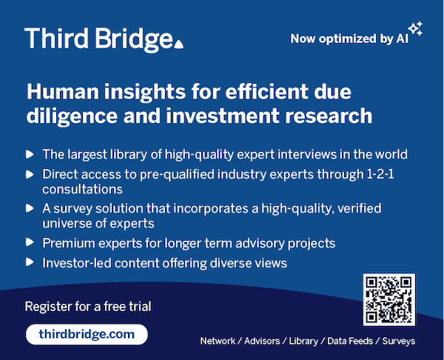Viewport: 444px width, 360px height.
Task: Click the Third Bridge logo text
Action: [x=99, y=39]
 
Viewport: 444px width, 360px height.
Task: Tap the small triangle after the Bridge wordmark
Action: [x=178, y=44]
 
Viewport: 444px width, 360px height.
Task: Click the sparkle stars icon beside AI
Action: [x=415, y=29]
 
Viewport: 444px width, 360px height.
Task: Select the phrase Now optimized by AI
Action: [x=349, y=39]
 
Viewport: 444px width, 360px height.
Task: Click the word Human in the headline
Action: [x=63, y=92]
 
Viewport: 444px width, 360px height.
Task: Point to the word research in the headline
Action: [x=329, y=116]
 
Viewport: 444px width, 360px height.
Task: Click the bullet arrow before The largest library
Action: [x=30, y=155]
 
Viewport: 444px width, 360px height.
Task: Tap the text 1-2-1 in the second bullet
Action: [x=380, y=174]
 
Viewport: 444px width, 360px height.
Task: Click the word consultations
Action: [x=82, y=189]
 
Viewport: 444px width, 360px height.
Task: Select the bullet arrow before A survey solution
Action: [x=30, y=209]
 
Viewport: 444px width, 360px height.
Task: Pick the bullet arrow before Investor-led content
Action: [x=30, y=262]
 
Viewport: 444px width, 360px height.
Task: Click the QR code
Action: [x=389, y=299]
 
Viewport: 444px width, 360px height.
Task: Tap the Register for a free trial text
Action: [x=88, y=307]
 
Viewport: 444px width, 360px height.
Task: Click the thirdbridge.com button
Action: [x=87, y=334]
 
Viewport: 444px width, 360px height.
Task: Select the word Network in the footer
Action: [x=218, y=341]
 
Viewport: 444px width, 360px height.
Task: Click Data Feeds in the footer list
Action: [x=350, y=341]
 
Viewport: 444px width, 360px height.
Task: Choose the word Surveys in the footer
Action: [x=399, y=341]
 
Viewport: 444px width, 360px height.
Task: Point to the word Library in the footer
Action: [x=303, y=341]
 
